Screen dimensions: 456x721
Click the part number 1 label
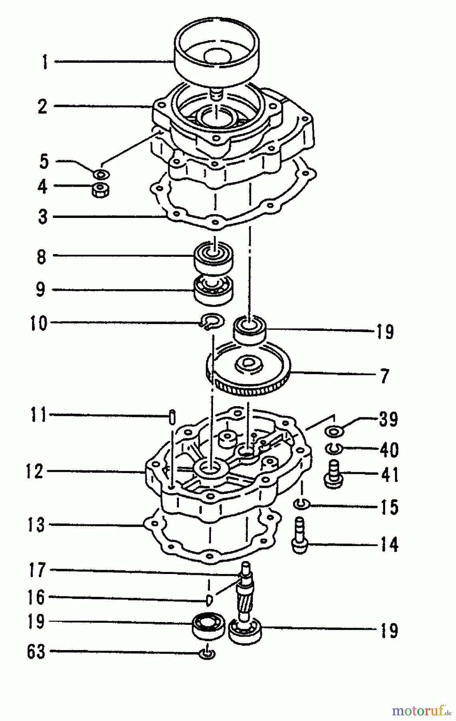click(x=45, y=62)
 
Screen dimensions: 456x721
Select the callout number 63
click(x=36, y=652)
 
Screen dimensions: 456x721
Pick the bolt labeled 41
click(x=333, y=475)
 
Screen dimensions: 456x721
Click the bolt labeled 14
click(x=299, y=536)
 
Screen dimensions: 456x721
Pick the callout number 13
click(x=36, y=525)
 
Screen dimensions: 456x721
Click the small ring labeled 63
click(x=207, y=654)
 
